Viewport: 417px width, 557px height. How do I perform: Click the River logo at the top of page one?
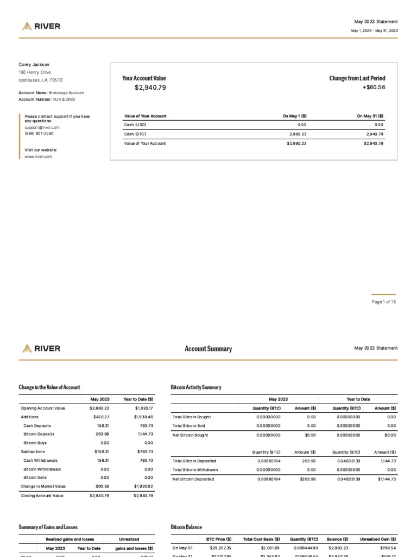pyautogui.click(x=41, y=26)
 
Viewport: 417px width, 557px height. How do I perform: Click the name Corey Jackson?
pyautogui.click(x=34, y=65)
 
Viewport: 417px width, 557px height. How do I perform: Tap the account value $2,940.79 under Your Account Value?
pyautogui.click(x=150, y=87)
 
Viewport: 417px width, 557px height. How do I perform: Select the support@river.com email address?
pyautogui.click(x=42, y=127)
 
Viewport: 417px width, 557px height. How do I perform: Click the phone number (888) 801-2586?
pyautogui.click(x=39, y=133)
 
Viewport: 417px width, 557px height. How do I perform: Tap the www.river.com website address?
pyautogui.click(x=38, y=157)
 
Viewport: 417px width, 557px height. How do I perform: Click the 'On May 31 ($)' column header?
pyautogui.click(x=370, y=116)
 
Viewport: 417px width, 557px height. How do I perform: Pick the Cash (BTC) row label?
pyautogui.click(x=135, y=133)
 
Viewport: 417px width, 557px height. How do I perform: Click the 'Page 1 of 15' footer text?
pyautogui.click(x=384, y=302)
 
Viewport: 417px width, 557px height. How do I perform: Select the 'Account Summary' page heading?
pyautogui.click(x=208, y=349)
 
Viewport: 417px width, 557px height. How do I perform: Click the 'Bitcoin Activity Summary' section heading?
pyautogui.click(x=196, y=387)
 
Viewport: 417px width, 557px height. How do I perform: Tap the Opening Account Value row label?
pyautogui.click(x=42, y=408)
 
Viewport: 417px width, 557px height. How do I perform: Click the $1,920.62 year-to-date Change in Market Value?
pyautogui.click(x=143, y=486)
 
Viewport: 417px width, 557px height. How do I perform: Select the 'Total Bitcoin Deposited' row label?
pyautogui.click(x=194, y=461)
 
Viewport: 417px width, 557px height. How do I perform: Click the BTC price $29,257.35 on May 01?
pyautogui.click(x=220, y=548)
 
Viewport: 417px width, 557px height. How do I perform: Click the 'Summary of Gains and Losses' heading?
pyautogui.click(x=48, y=527)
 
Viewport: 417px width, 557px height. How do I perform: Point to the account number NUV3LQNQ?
pyautogui.click(x=64, y=100)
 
